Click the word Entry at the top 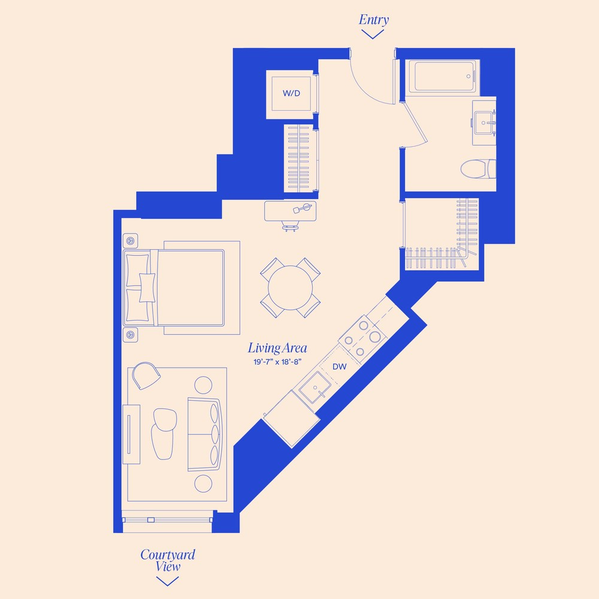(374, 20)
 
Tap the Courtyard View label (168, 560)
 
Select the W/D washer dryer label (292, 93)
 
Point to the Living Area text (277, 348)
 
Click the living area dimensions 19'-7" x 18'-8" (277, 361)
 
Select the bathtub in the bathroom (443, 77)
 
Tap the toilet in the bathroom (480, 168)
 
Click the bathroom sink (484, 123)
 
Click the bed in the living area (180, 288)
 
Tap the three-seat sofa (204, 434)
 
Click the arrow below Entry (373, 34)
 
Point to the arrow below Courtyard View (168, 580)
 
